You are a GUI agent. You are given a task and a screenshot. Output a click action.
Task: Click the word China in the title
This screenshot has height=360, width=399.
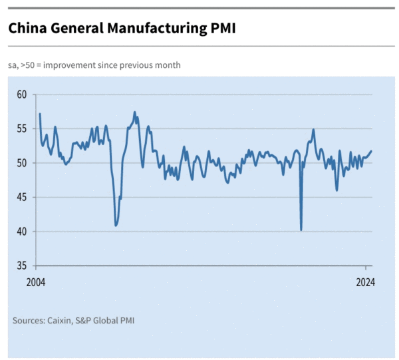pyautogui.click(x=26, y=29)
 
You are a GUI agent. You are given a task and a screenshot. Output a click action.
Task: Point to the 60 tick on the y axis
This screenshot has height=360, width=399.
pyautogui.click(x=21, y=94)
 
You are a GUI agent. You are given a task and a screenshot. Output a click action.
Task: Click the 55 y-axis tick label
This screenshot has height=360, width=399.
pyautogui.click(x=21, y=128)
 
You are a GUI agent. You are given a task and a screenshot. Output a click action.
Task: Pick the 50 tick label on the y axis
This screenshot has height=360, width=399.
pyautogui.click(x=21, y=163)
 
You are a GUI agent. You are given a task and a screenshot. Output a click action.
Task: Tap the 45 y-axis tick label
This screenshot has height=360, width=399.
pyautogui.click(x=21, y=197)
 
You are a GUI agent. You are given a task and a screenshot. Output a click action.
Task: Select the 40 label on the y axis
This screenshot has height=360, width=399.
pyautogui.click(x=21, y=232)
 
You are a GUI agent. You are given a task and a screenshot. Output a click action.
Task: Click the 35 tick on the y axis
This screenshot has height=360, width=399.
pyautogui.click(x=21, y=266)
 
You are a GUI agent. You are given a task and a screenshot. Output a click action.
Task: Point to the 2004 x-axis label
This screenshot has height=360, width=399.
pyautogui.click(x=35, y=282)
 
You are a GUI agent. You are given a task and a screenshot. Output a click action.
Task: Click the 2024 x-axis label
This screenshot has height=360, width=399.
pyautogui.click(x=366, y=282)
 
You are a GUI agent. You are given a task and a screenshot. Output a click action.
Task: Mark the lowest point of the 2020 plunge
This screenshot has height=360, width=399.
pyautogui.click(x=301, y=230)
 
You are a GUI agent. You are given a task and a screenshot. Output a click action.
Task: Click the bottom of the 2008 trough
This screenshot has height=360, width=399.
pyautogui.click(x=116, y=226)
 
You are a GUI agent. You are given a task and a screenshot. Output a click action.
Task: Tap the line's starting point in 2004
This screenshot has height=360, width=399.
pyautogui.click(x=40, y=114)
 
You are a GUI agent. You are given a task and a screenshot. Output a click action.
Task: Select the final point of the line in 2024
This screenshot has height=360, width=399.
pyautogui.click(x=372, y=150)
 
